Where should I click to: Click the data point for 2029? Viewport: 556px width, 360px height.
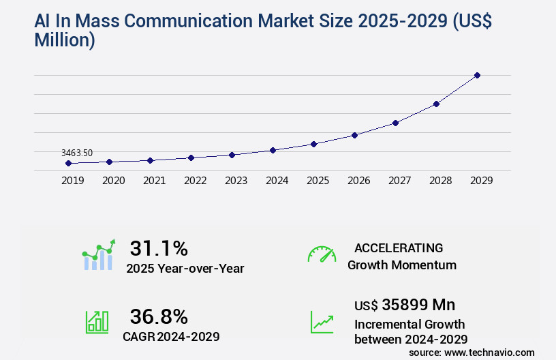coord(477,75)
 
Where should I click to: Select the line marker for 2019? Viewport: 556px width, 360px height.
coord(68,163)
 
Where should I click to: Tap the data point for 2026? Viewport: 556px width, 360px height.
coord(354,135)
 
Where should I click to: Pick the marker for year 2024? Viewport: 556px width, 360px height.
coord(273,150)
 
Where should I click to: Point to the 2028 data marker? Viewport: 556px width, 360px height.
coord(436,104)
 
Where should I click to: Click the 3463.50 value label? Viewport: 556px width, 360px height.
coord(76,153)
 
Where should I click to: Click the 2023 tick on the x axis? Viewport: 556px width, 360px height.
coord(236,181)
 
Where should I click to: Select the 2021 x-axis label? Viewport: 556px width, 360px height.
coord(154,181)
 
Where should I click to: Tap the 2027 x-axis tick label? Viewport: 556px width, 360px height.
coord(399,181)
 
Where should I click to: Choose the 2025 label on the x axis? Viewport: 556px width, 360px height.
coord(318,181)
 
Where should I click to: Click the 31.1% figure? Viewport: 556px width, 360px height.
coord(159,248)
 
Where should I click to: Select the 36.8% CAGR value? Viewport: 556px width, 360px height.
coord(159,316)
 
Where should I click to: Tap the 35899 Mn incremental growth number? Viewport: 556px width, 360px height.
coord(405,304)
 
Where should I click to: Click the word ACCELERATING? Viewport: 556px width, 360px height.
coord(399,247)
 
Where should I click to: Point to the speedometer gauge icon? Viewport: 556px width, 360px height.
coord(322,254)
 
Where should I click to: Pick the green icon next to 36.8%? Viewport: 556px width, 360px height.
coord(97,322)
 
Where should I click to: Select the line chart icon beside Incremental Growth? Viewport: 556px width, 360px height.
coord(322,322)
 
